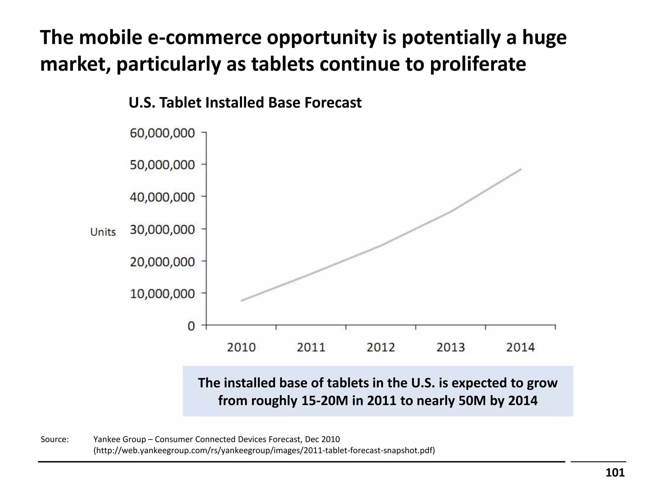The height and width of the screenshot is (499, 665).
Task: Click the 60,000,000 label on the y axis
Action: point(162,133)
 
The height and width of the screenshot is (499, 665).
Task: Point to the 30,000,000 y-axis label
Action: point(162,230)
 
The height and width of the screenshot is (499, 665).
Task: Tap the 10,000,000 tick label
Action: point(162,294)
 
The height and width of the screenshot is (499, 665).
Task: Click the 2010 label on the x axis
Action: point(241,348)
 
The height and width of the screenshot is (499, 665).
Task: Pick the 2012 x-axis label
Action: point(381,348)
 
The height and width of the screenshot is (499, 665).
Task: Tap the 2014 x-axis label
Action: point(520,348)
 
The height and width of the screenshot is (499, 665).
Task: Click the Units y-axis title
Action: point(103,232)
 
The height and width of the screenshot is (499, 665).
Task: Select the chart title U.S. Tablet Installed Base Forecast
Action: point(245,103)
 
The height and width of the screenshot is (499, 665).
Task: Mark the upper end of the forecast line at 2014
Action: point(521,169)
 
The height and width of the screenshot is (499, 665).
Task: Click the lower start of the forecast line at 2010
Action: point(242,301)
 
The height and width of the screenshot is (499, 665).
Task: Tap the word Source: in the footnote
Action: point(55,440)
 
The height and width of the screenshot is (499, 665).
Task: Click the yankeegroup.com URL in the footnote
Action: point(264,451)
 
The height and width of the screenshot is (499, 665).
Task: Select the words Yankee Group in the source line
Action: point(119,440)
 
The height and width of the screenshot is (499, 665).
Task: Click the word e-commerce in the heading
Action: point(205,37)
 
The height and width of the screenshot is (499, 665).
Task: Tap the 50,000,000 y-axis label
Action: point(162,165)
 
